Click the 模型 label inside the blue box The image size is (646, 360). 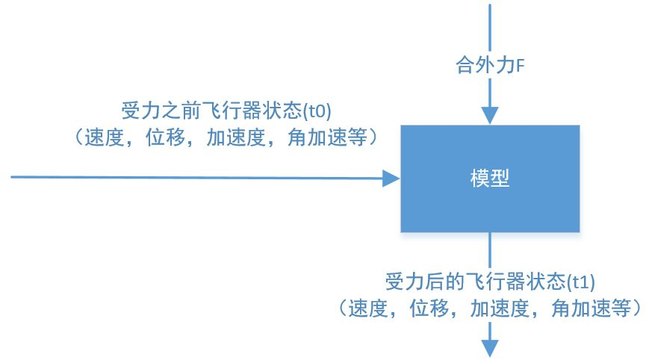490,179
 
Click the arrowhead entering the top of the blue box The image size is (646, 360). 490,115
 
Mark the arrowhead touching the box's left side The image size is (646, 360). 392,178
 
